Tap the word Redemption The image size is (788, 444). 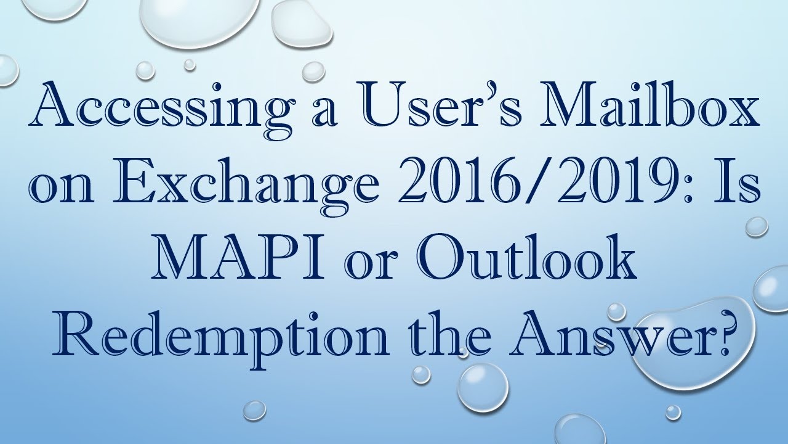point(219,336)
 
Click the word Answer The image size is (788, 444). point(616,336)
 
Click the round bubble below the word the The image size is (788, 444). point(482,382)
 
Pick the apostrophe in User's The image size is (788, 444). point(454,99)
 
